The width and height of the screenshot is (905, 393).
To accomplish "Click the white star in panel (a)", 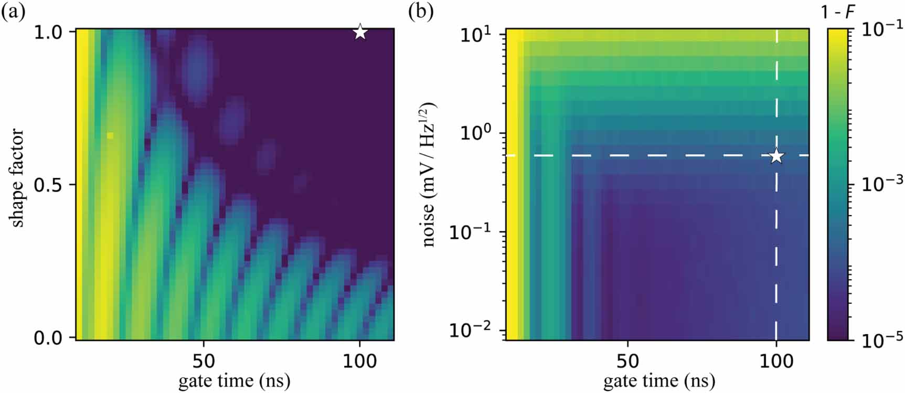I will point(360,32).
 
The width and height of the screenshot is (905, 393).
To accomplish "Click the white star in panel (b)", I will point(776,156).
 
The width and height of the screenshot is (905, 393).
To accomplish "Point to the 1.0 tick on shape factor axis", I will point(48,33).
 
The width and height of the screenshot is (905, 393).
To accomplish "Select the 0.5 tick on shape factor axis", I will point(48,185).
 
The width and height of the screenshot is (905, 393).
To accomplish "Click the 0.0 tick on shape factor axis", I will point(48,338).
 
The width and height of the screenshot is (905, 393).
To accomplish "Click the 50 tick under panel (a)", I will point(204,360).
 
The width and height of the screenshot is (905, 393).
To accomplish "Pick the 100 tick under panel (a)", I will point(359,360).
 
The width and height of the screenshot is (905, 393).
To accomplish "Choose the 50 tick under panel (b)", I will point(628,360).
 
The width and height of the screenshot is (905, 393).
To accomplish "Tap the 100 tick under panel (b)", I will point(776,360).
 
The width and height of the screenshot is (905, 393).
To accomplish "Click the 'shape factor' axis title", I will point(17,178).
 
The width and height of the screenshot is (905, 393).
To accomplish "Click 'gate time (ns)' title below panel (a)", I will point(235,380).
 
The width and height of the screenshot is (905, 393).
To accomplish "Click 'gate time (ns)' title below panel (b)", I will point(659,380).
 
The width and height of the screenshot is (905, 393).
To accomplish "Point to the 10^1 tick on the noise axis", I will point(475,36).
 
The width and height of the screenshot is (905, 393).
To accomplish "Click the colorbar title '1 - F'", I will point(838,12).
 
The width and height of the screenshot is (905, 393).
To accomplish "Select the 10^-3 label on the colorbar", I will point(882,183).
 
